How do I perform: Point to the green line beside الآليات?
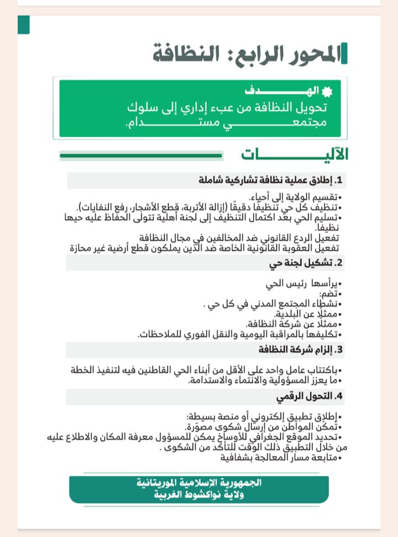coord(141,156)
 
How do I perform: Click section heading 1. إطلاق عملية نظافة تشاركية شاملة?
coord(271,180)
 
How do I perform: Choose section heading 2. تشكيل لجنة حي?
coord(306,264)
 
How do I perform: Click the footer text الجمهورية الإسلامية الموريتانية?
coord(199,483)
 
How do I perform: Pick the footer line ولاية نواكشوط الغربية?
coord(199,495)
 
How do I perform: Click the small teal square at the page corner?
coord(23,24)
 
